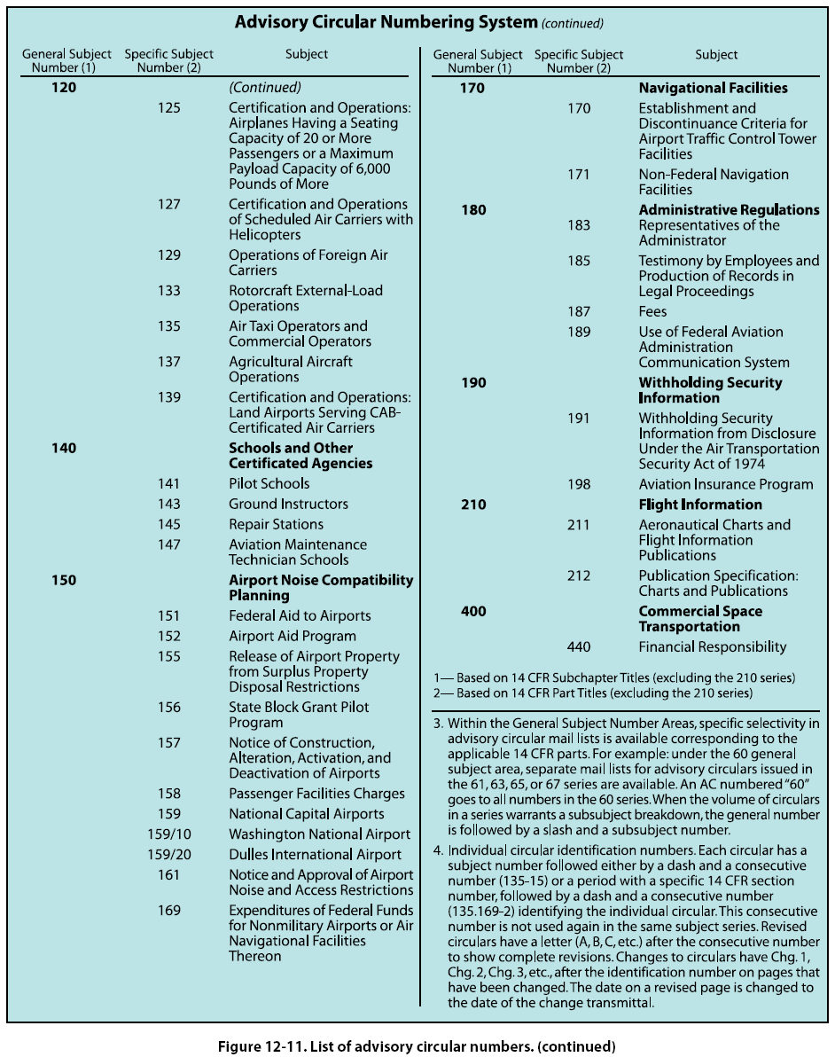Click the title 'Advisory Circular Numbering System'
(x=386, y=21)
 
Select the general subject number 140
(x=64, y=448)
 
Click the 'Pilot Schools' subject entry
(x=269, y=483)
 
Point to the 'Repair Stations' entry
(x=276, y=524)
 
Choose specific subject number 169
(x=168, y=911)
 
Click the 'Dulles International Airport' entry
(x=315, y=855)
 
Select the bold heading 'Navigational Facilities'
(x=713, y=88)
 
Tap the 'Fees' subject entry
(x=652, y=311)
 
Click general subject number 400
(x=473, y=611)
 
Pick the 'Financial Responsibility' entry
(x=712, y=646)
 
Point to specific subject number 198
(x=578, y=484)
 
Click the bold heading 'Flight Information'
(x=700, y=505)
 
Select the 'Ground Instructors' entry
(x=288, y=504)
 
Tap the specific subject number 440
(x=578, y=646)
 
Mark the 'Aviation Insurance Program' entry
(x=725, y=484)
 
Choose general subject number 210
(x=473, y=505)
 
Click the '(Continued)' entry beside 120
(x=265, y=88)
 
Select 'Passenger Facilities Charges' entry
(x=316, y=794)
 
